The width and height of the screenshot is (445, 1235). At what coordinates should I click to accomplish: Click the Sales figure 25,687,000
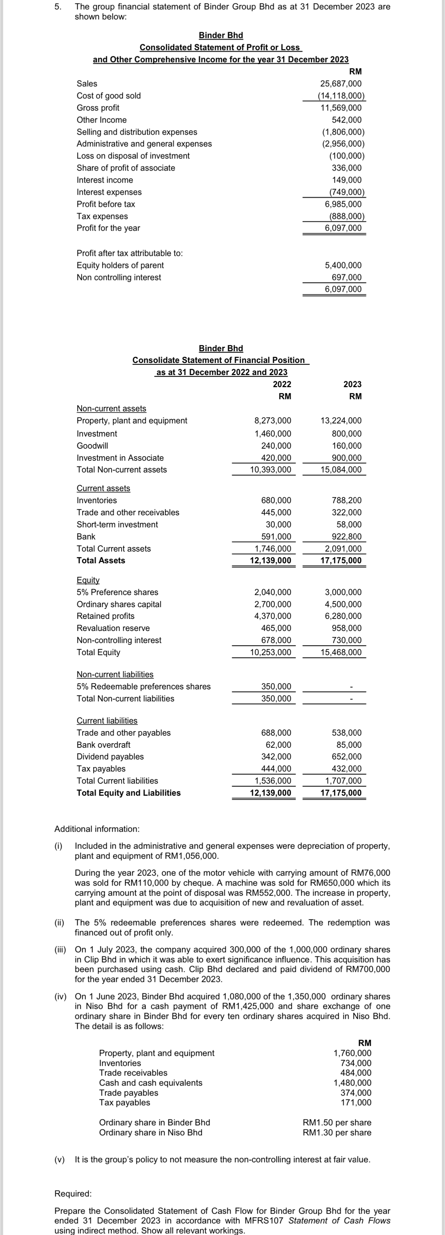pyautogui.click(x=340, y=84)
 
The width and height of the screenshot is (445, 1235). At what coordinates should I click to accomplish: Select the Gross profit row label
pyautogui.click(x=98, y=108)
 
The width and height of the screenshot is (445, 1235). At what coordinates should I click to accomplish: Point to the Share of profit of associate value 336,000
pyautogui.click(x=346, y=168)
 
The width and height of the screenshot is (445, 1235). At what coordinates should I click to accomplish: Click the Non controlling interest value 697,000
pyautogui.click(x=346, y=277)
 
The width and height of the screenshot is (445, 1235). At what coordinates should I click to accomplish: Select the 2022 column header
pyautogui.click(x=281, y=384)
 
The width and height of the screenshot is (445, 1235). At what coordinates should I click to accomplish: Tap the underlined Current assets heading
pyautogui.click(x=103, y=488)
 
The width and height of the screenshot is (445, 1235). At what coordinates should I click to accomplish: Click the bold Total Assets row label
pyautogui.click(x=101, y=561)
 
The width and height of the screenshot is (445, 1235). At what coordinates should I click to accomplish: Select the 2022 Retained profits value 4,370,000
pyautogui.click(x=272, y=616)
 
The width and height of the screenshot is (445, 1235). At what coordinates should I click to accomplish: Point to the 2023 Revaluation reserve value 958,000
pyautogui.click(x=346, y=628)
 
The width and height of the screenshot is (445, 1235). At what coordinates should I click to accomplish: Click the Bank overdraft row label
pyautogui.click(x=103, y=745)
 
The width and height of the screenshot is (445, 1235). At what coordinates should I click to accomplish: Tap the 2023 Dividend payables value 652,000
pyautogui.click(x=346, y=757)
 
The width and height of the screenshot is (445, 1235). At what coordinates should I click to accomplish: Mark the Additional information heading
pyautogui.click(x=97, y=829)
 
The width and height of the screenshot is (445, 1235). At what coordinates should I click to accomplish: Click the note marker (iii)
pyautogui.click(x=60, y=950)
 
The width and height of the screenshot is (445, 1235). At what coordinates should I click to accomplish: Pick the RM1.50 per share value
pyautogui.click(x=337, y=1122)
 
